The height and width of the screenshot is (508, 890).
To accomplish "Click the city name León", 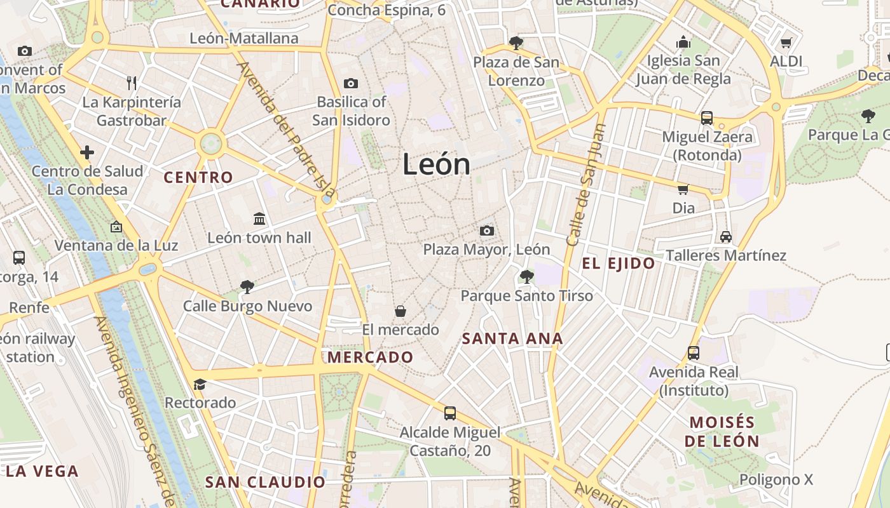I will (436, 164).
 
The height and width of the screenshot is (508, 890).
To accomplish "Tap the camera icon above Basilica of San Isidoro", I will (350, 83).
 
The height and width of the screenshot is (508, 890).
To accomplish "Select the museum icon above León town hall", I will (259, 219).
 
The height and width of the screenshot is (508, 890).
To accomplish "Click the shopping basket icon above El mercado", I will (400, 311).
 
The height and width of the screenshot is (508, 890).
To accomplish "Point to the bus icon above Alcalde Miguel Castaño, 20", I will (450, 413).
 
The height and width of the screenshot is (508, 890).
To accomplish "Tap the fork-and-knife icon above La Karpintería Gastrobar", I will (132, 83).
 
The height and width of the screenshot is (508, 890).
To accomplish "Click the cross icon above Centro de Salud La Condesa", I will (87, 152).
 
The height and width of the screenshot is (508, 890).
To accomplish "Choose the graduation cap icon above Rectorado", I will (200, 384).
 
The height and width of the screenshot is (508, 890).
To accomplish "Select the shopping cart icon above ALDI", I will (786, 43).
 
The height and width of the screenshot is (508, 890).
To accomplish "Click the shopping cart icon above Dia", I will (683, 189).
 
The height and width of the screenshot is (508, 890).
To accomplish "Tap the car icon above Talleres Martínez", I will (726, 237).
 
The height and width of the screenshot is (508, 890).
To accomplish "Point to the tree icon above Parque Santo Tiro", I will (526, 276).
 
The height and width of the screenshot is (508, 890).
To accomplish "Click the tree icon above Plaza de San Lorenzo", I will (516, 43).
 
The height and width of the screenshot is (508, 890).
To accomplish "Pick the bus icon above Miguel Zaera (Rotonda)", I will (707, 117).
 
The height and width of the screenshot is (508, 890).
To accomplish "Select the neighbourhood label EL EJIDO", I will (619, 264).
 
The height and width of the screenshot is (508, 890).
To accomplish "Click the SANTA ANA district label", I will (512, 338).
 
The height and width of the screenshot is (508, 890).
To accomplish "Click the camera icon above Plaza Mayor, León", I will (487, 231).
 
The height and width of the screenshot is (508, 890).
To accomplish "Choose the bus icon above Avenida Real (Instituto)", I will (694, 353).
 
